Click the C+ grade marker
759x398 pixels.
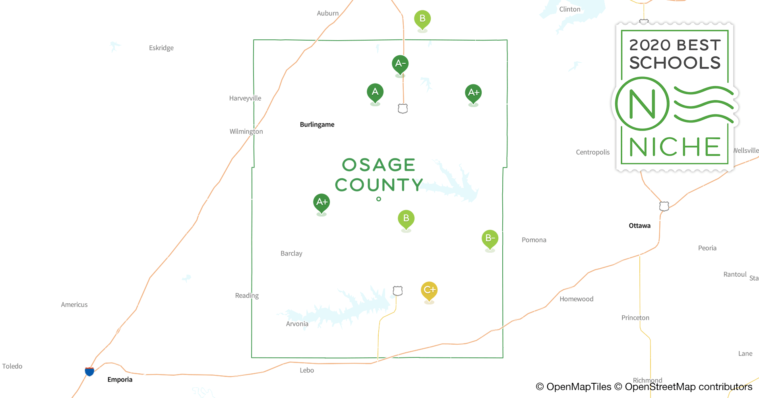(x=429, y=290)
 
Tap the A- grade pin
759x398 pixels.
(x=400, y=64)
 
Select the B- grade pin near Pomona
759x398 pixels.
(x=490, y=238)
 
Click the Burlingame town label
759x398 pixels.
(x=317, y=125)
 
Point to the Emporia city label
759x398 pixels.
(x=120, y=380)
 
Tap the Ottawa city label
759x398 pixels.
(x=639, y=226)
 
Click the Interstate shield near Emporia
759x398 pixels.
(x=89, y=371)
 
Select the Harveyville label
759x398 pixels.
(x=245, y=98)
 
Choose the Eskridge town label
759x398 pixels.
(x=161, y=48)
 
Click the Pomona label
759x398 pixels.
(x=534, y=240)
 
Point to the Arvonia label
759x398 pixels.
(x=297, y=324)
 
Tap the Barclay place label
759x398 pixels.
(x=291, y=254)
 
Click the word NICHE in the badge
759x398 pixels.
(x=675, y=147)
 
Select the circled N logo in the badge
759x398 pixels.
(x=642, y=104)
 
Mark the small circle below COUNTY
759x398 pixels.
(x=379, y=199)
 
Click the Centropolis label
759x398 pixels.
(x=592, y=152)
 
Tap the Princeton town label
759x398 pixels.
(x=635, y=318)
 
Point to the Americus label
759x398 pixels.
(x=74, y=305)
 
